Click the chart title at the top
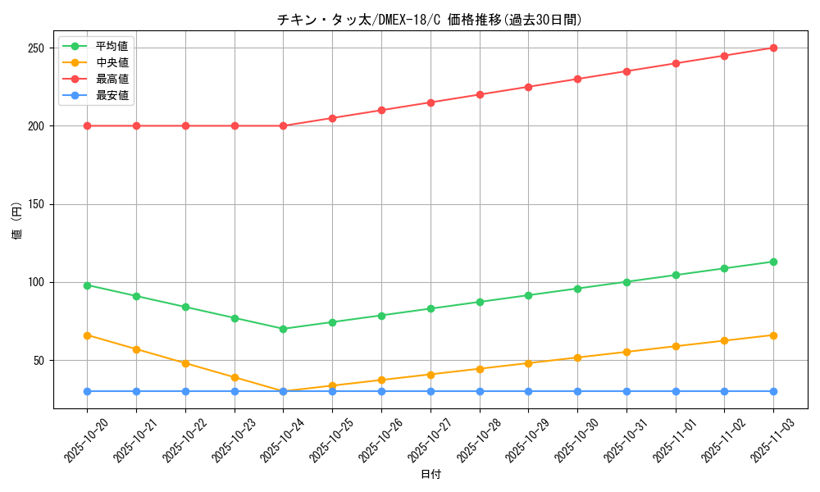pyautogui.click(x=430, y=20)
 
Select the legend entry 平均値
pyautogui.click(x=112, y=46)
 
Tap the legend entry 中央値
pyautogui.click(x=112, y=62)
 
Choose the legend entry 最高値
pyautogui.click(x=112, y=79)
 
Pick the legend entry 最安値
pyautogui.click(x=112, y=95)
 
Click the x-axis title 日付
pyautogui.click(x=430, y=475)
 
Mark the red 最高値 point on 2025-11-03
pyautogui.click(x=773, y=48)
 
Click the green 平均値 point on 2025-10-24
pyautogui.click(x=283, y=329)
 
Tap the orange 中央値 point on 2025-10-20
pyautogui.click(x=87, y=335)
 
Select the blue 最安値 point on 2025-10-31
pyautogui.click(x=626, y=391)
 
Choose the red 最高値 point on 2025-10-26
pyautogui.click(x=381, y=110)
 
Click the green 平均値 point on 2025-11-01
pyautogui.click(x=676, y=275)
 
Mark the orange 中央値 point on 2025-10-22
pyautogui.click(x=185, y=363)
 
